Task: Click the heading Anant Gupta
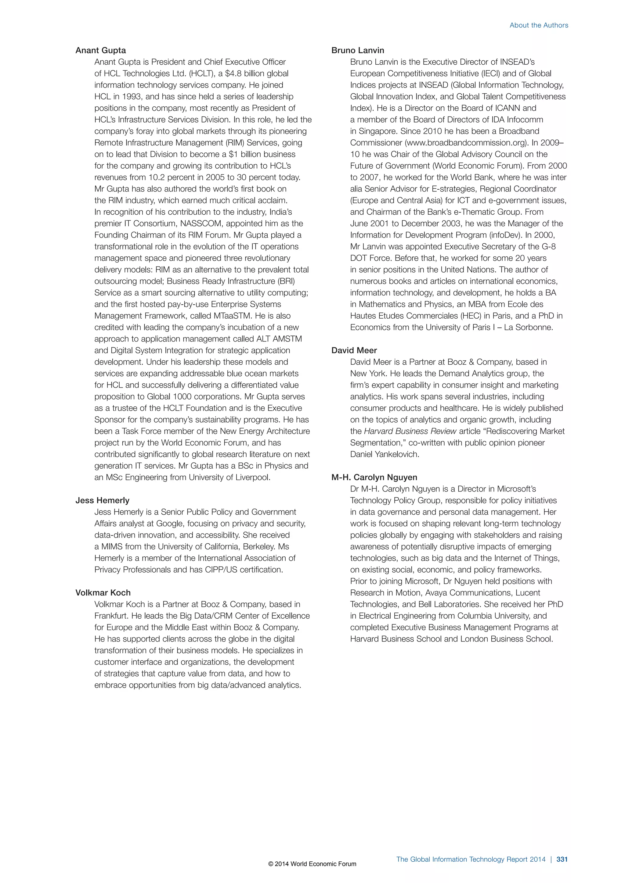click(100, 50)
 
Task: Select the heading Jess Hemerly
click(102, 500)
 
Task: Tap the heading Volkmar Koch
click(103, 593)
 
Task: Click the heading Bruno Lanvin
click(358, 50)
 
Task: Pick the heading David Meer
click(354, 350)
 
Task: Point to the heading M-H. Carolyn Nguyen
click(374, 477)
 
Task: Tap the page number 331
click(562, 859)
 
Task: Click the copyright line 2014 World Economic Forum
click(312, 864)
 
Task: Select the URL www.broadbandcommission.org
click(466, 143)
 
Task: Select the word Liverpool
click(254, 477)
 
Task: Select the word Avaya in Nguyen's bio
click(436, 593)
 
